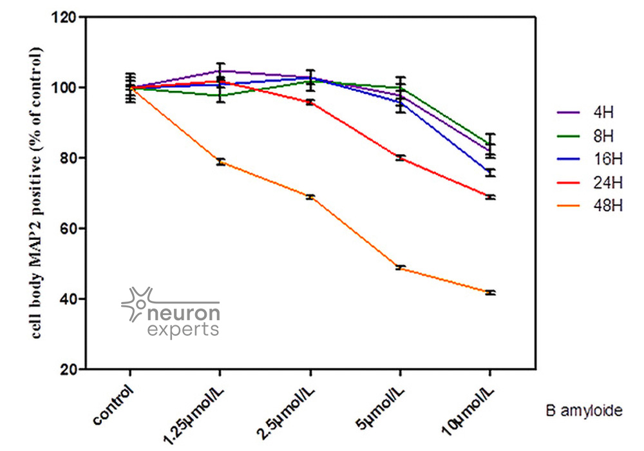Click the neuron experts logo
coord(171,312)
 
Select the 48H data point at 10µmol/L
coord(490,293)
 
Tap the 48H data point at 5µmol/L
coord(400,267)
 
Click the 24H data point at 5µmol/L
coord(400,157)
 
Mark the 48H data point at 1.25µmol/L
coord(220,162)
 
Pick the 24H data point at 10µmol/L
coord(490,197)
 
